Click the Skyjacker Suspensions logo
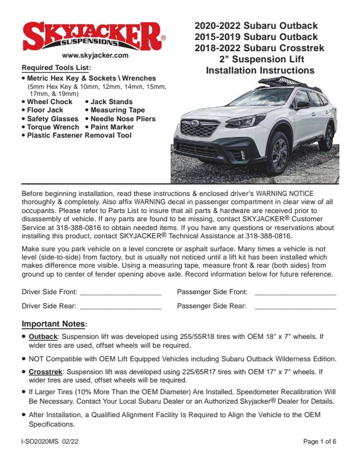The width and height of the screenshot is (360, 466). click(94, 36)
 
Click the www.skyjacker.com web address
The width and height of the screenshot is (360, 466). click(95, 55)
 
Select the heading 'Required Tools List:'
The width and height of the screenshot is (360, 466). click(56, 68)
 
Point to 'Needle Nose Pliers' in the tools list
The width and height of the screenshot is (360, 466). click(123, 119)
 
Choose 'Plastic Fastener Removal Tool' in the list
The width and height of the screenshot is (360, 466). click(79, 135)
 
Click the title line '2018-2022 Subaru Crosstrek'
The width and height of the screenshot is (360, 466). click(259, 48)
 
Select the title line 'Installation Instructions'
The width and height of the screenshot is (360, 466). click(259, 71)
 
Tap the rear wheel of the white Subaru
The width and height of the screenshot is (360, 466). click(326, 137)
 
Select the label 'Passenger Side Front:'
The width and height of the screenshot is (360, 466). click(212, 292)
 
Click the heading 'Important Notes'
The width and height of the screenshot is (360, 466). click(53, 324)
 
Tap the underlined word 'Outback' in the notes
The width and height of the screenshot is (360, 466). click(43, 337)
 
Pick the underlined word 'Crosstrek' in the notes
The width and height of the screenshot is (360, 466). click(45, 372)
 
